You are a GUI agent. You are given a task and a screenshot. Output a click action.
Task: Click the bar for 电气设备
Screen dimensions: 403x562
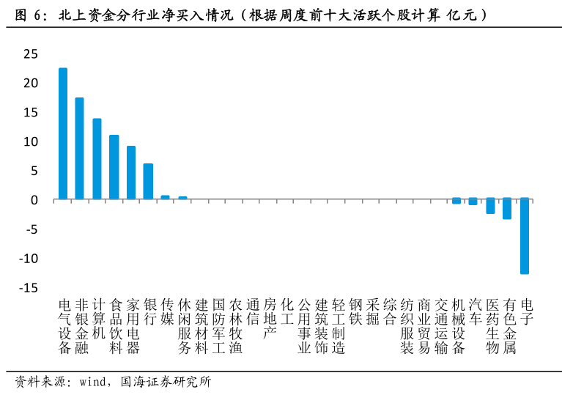pyautogui.click(x=63, y=133)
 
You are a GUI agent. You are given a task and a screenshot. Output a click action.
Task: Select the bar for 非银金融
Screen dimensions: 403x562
pyautogui.click(x=80, y=148)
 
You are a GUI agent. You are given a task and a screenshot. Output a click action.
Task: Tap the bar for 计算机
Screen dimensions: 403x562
pyautogui.click(x=97, y=158)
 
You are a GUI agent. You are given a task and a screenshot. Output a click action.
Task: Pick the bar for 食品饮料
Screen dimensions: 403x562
pyautogui.click(x=114, y=167)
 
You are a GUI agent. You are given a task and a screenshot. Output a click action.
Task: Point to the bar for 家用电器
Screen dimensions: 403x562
pyautogui.click(x=131, y=172)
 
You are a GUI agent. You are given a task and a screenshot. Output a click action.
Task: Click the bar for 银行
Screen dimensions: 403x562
pyautogui.click(x=148, y=181)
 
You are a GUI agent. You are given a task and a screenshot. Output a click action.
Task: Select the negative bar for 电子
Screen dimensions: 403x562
pyautogui.click(x=525, y=236)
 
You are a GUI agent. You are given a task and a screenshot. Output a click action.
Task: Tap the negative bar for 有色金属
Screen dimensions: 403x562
pyautogui.click(x=507, y=209)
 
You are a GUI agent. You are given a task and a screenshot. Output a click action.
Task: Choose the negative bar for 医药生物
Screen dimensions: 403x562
pyautogui.click(x=490, y=206)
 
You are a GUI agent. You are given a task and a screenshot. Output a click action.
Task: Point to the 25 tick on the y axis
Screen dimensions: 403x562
pyautogui.click(x=30, y=53)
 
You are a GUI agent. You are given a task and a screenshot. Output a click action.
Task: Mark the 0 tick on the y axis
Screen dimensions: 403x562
pyautogui.click(x=34, y=200)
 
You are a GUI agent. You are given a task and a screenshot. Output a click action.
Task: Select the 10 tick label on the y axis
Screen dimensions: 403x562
pyautogui.click(x=30, y=141)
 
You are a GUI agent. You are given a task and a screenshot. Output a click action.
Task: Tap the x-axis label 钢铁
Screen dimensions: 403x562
pyautogui.click(x=355, y=311)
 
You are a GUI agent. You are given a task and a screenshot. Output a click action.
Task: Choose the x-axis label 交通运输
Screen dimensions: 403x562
pyautogui.click(x=441, y=326)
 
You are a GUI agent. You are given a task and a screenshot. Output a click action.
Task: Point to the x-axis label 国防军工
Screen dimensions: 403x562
pyautogui.click(x=218, y=326)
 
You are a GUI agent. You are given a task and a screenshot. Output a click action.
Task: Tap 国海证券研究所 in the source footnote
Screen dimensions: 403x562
pyautogui.click(x=165, y=382)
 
